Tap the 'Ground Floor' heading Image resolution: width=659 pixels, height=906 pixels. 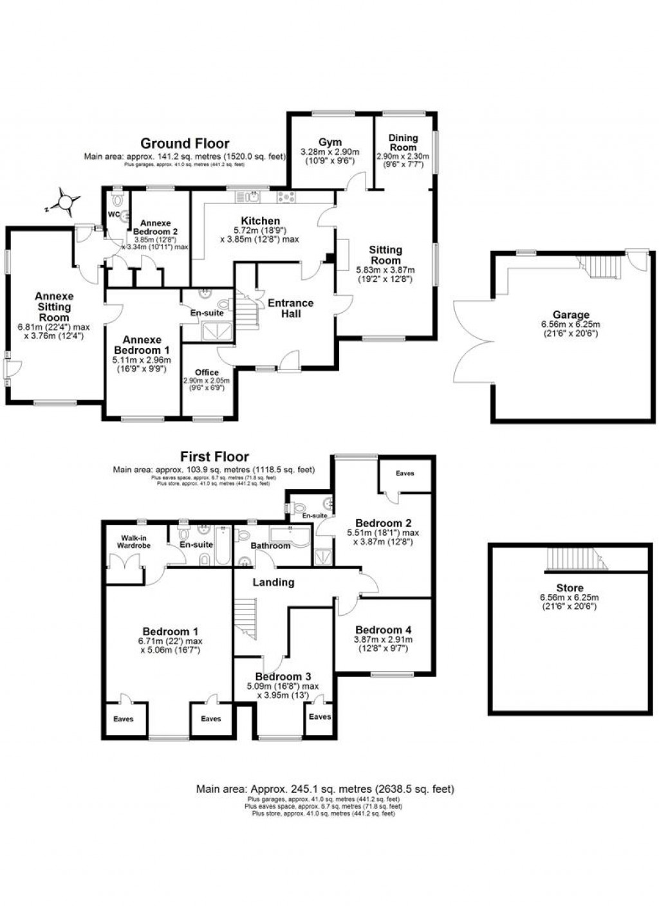[185, 143]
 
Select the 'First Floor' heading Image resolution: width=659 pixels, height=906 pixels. [214, 457]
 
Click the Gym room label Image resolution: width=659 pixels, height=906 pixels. [329, 142]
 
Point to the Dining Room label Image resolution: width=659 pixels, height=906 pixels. [403, 142]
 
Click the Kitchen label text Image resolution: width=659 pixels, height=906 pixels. [261, 221]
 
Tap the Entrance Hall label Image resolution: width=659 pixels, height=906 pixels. [290, 308]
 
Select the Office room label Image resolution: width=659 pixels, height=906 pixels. [207, 372]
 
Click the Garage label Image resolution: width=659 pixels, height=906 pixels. [571, 315]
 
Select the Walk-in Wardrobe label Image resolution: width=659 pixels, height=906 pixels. [133, 541]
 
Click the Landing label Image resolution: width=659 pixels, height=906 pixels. [274, 582]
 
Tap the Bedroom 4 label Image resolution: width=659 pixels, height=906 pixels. [383, 630]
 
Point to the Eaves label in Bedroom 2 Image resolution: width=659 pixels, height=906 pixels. [405, 474]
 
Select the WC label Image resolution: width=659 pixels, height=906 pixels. [114, 214]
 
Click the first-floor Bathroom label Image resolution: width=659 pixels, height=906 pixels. [271, 546]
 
